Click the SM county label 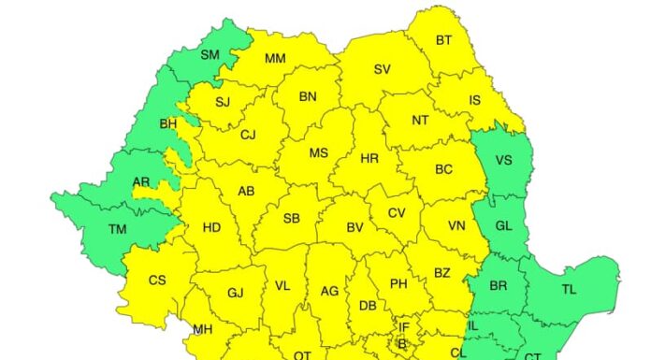tap(210, 55)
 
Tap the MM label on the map tap(275, 58)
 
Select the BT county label tap(443, 40)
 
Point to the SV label tap(382, 69)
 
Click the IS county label tap(474, 101)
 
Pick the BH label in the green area tap(168, 123)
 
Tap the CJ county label tap(248, 135)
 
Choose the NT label tap(420, 121)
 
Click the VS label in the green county tap(503, 160)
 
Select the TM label tap(118, 229)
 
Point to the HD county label tap(211, 227)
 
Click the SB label tap(292, 219)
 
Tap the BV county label tap(354, 227)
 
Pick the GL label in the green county tap(504, 225)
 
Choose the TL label tap(569, 290)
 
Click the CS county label tap(157, 281)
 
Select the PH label tap(398, 284)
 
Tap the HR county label tap(369, 160)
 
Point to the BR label tap(499, 286)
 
